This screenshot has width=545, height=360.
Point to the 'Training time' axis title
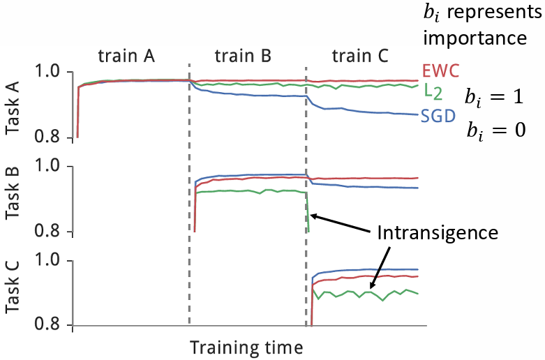247,346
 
